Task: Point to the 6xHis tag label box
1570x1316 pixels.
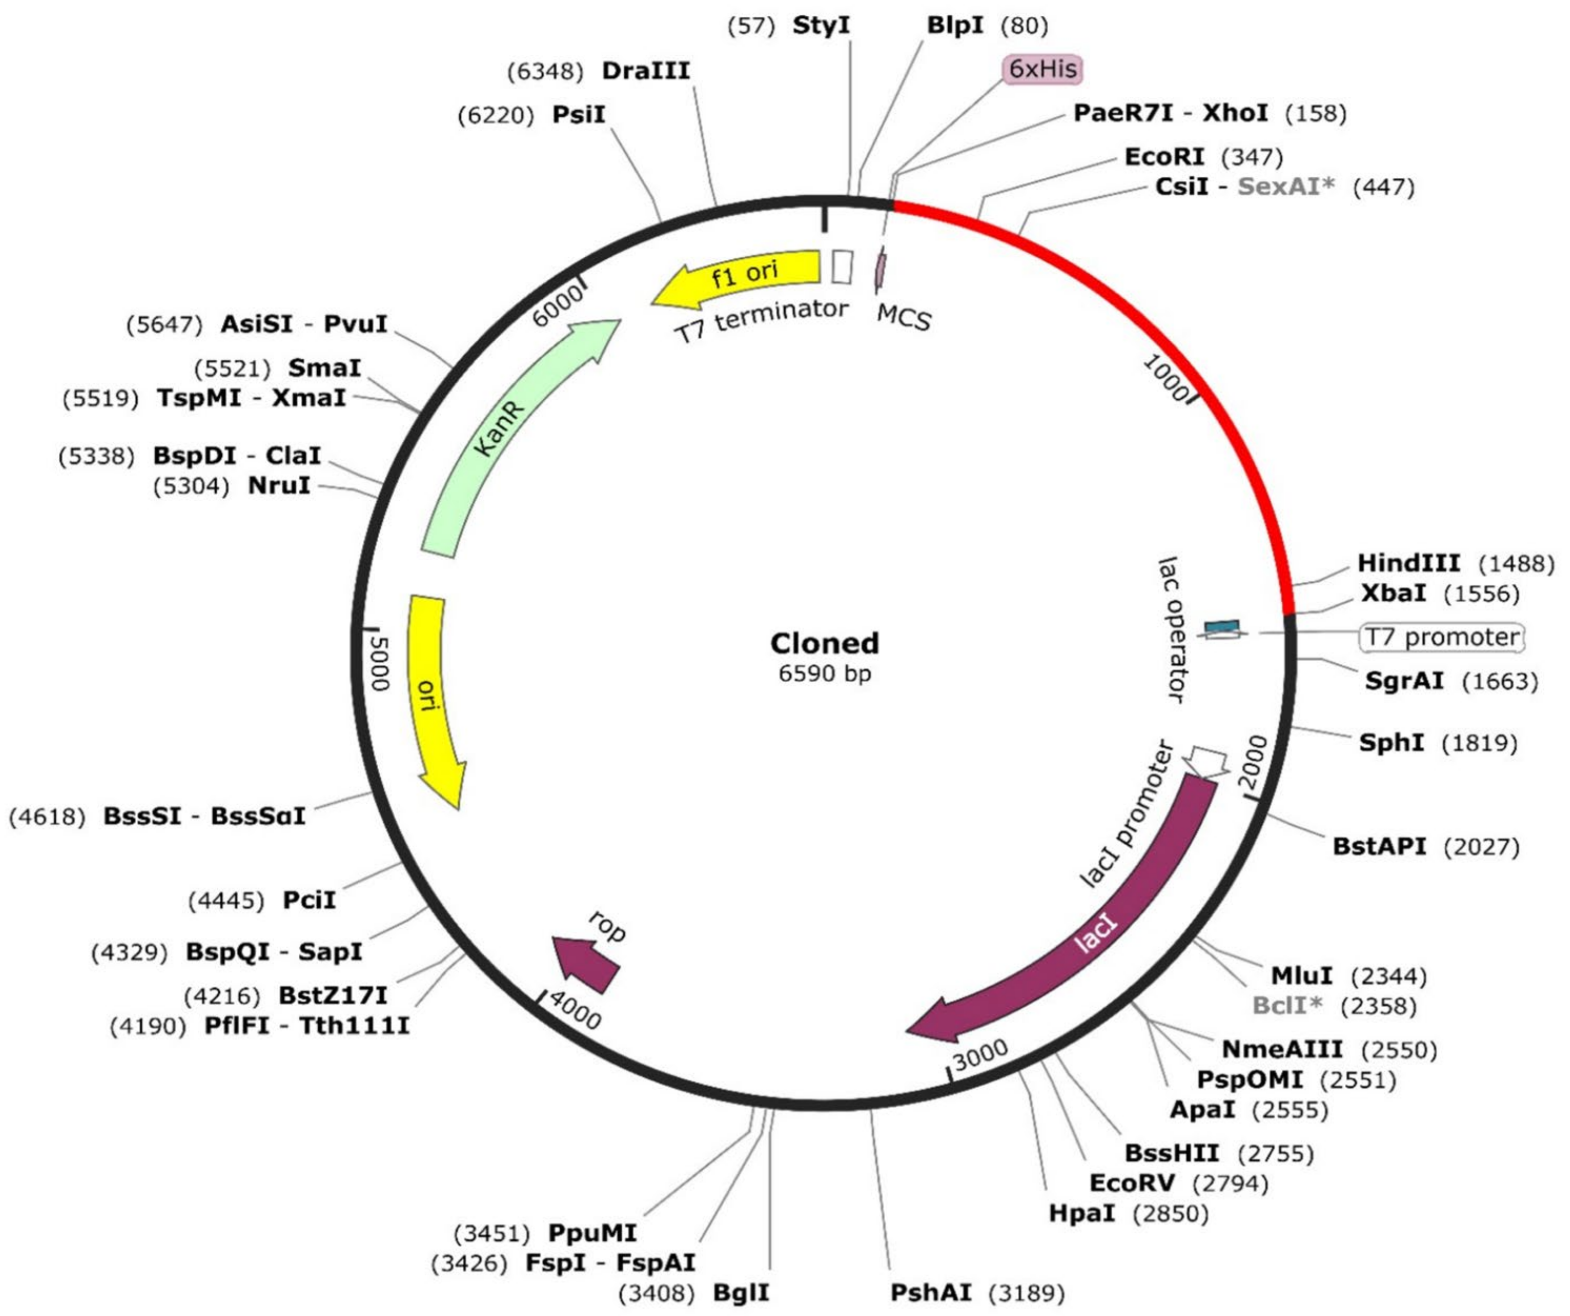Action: pyautogui.click(x=1042, y=69)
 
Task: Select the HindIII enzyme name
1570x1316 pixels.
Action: pyautogui.click(x=1408, y=563)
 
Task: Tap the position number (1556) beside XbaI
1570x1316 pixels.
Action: pyautogui.click(x=1482, y=594)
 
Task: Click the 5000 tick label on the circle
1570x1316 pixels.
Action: pyautogui.click(x=379, y=664)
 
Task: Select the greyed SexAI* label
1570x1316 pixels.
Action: pyautogui.click(x=1286, y=186)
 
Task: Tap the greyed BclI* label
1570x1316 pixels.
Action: pyautogui.click(x=1288, y=1006)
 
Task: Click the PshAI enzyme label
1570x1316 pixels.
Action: pyautogui.click(x=931, y=1292)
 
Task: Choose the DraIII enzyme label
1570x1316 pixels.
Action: pyautogui.click(x=646, y=71)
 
